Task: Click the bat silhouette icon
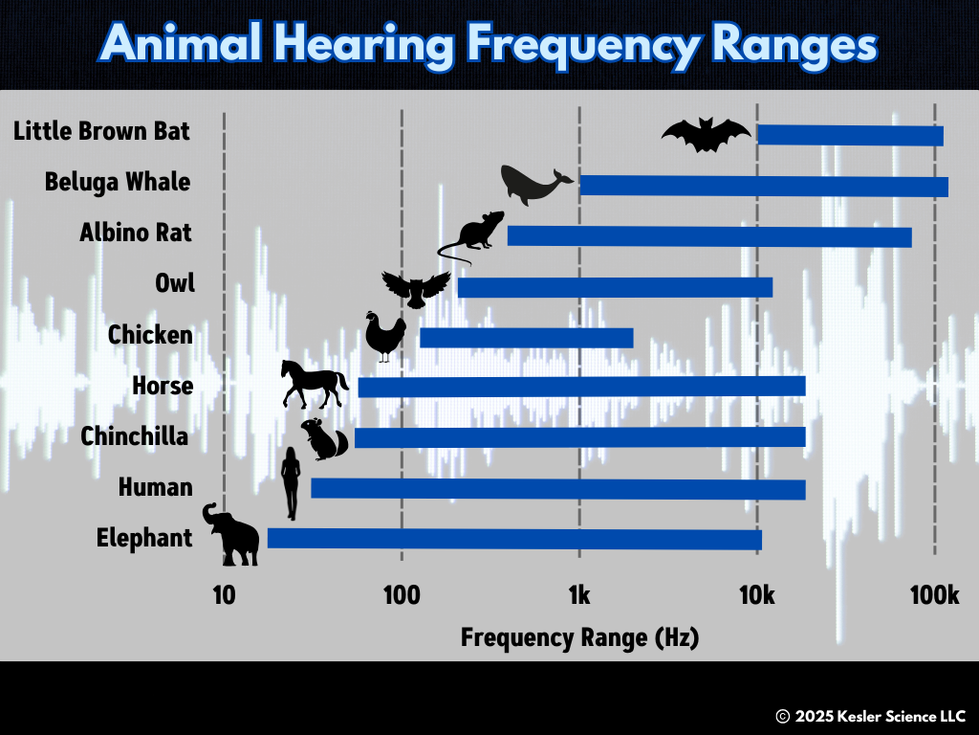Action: pos(706,135)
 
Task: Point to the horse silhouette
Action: pos(314,384)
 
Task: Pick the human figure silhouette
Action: pos(291,483)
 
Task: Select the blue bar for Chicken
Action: pos(526,338)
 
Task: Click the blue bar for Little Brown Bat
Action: pos(850,135)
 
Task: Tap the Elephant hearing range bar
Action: pos(514,539)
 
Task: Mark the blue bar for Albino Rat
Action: pos(708,236)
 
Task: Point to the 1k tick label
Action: pos(578,595)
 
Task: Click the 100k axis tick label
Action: pos(934,595)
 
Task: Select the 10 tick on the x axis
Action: pos(223,595)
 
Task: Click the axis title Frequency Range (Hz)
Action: pos(579,637)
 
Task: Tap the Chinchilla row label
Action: pos(135,436)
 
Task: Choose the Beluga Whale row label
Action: pos(118,182)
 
